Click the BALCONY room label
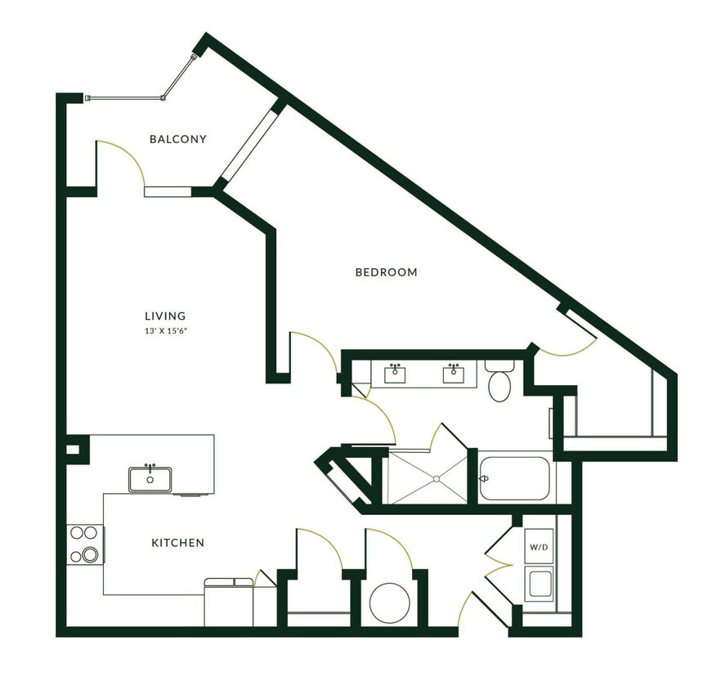(x=177, y=139)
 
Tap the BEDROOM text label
(x=386, y=272)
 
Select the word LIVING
(x=165, y=316)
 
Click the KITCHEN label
(x=177, y=543)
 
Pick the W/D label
(x=538, y=546)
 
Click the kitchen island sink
(x=150, y=479)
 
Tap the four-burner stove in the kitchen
(x=84, y=544)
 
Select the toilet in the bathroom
(x=499, y=383)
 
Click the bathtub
(x=515, y=477)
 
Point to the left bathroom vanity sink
(x=396, y=374)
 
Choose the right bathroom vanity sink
(x=453, y=374)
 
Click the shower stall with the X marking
(x=426, y=477)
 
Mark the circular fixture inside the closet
(x=389, y=603)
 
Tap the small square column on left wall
(x=73, y=450)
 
